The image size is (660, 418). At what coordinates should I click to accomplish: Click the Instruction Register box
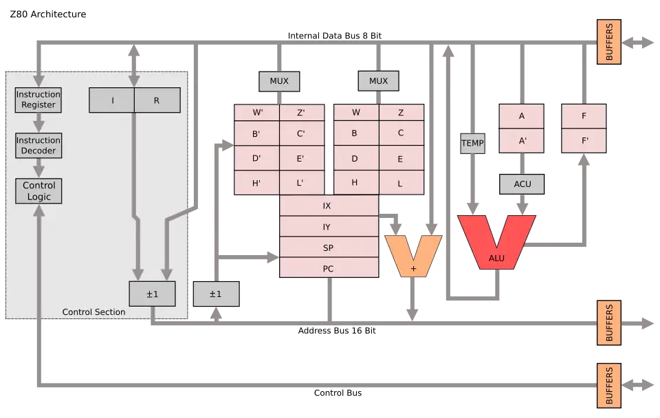(x=38, y=100)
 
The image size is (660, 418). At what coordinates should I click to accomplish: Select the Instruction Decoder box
(x=38, y=145)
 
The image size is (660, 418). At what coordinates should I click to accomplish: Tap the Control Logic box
(x=38, y=191)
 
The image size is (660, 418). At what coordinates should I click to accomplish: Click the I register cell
(x=112, y=100)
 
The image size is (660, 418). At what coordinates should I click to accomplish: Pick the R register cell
(x=157, y=100)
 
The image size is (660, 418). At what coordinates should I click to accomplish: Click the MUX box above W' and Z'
(x=279, y=81)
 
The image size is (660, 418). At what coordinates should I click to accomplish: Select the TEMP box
(x=472, y=143)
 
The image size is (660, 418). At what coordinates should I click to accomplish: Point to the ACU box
(x=521, y=184)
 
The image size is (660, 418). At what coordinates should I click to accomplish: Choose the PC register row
(x=329, y=268)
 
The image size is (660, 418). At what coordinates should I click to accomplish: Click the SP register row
(x=329, y=247)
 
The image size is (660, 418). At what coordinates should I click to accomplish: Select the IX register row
(x=329, y=206)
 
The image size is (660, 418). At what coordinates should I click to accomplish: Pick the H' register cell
(x=256, y=183)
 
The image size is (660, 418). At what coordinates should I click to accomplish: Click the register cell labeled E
(x=400, y=159)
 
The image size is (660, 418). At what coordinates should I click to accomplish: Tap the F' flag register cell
(x=584, y=141)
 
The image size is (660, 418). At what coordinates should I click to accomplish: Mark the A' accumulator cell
(x=521, y=141)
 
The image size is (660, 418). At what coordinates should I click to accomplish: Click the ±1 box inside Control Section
(x=152, y=294)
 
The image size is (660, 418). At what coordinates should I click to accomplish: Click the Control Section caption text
(x=93, y=312)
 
